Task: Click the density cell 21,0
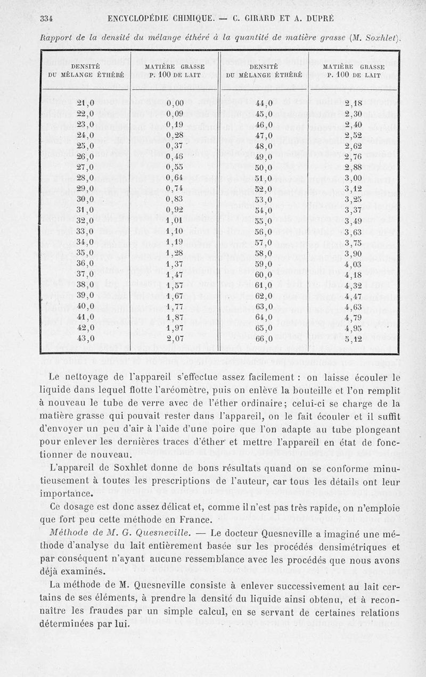coord(85,103)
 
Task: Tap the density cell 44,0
coord(264,103)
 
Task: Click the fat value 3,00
coord(353,177)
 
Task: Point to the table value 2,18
coord(353,103)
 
